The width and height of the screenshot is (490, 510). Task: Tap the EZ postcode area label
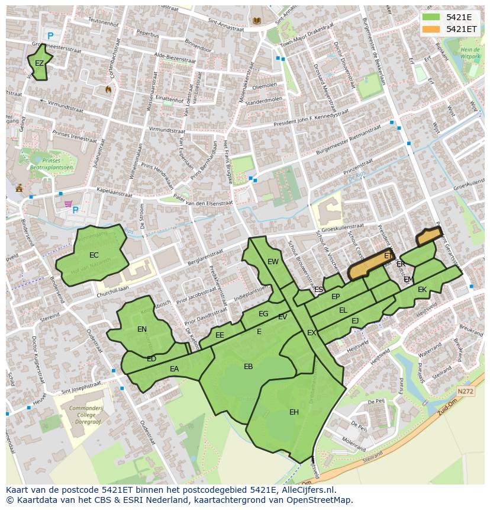(x=39, y=63)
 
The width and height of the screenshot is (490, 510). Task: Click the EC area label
(x=94, y=255)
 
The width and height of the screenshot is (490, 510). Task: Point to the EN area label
(x=142, y=329)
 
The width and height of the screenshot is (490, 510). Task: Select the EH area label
(x=294, y=412)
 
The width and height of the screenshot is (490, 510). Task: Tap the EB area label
(x=249, y=367)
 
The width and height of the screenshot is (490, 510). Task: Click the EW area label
(x=273, y=262)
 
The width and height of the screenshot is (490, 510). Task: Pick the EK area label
(x=422, y=290)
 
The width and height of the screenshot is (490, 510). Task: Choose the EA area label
(x=174, y=369)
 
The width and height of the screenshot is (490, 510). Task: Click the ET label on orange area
(x=388, y=256)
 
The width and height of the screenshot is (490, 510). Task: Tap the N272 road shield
(x=466, y=392)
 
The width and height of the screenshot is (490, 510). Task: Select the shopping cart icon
(x=69, y=204)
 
